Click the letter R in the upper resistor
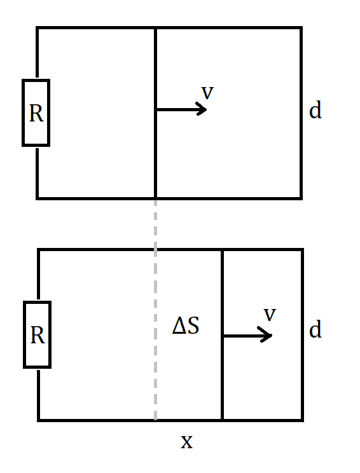(36, 113)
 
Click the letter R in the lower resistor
(38, 335)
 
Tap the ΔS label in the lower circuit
(186, 325)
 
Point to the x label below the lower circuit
(186, 442)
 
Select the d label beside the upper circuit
(315, 110)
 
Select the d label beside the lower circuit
(315, 329)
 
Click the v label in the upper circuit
(207, 92)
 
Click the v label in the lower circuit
(270, 314)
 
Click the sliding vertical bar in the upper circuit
(155, 113)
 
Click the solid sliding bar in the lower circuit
(223, 335)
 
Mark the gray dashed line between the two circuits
(155, 310)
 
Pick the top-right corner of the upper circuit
(301, 28)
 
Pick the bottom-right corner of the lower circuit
(302, 420)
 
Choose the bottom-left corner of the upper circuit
(37, 198)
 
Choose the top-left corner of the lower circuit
(39, 250)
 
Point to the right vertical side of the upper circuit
(301, 113)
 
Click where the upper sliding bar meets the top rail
(155, 28)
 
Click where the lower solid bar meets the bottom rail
(223, 420)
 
